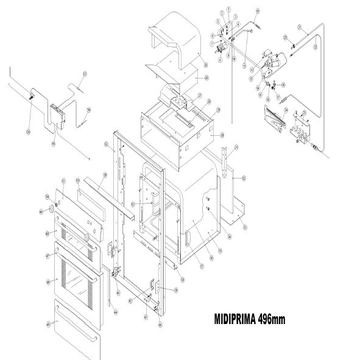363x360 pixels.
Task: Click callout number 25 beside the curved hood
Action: click(206, 64)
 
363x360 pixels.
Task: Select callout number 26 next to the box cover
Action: click(206, 78)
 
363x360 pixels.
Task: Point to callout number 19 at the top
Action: click(257, 12)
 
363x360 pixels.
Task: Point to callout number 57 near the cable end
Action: click(85, 74)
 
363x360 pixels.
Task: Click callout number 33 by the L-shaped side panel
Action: click(245, 227)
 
